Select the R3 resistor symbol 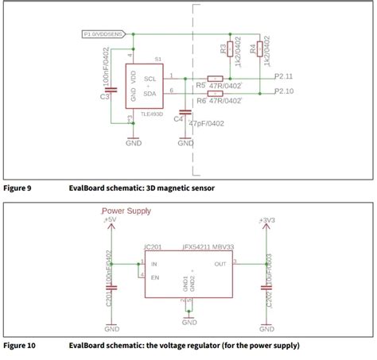[231, 50]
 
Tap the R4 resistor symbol [260, 50]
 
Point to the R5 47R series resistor [214, 79]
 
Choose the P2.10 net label [284, 92]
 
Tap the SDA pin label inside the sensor [150, 92]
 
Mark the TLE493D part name [151, 114]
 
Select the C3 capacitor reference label [105, 97]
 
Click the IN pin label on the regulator [154, 264]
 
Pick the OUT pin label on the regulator [220, 264]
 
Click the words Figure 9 [17, 188]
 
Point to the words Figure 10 [19, 346]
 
